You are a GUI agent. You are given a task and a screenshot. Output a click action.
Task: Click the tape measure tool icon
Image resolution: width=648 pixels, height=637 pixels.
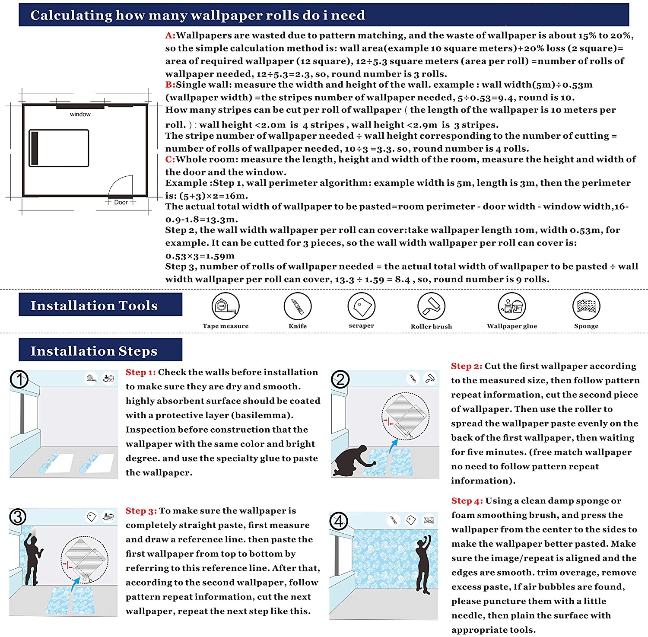point(225,306)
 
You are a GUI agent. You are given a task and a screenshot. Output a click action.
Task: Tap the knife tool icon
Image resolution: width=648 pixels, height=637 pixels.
point(298,306)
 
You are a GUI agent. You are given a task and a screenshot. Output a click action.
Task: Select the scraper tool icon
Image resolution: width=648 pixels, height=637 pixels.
point(361,306)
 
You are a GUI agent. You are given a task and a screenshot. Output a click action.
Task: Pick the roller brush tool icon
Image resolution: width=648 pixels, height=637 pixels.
point(431,306)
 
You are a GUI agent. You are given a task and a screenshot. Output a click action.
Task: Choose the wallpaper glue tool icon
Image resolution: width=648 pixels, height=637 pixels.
point(511,306)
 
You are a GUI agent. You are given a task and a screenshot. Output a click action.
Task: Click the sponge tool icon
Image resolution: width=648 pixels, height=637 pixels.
point(586,306)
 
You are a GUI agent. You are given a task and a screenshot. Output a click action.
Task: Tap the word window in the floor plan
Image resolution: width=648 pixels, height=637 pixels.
point(80,115)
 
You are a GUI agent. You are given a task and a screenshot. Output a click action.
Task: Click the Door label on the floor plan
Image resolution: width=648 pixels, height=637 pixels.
point(121,202)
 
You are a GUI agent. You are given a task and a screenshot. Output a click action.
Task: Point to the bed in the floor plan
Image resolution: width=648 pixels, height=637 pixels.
point(59,148)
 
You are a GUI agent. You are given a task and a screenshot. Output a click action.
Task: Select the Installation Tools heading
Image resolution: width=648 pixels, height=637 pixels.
point(94,306)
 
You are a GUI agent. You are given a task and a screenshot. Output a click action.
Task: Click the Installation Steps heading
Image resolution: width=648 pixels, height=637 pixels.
point(94,351)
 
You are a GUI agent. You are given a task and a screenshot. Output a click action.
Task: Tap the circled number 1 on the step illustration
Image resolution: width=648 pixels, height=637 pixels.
point(19,380)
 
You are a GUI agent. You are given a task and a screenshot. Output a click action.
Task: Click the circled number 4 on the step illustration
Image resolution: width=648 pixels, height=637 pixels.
point(339,521)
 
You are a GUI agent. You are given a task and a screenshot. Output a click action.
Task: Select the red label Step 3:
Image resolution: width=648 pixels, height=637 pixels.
point(141,511)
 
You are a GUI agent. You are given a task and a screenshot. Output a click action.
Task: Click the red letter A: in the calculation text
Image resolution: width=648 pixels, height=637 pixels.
point(170,35)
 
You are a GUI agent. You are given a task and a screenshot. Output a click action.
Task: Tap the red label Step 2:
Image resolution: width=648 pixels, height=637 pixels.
point(466,366)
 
